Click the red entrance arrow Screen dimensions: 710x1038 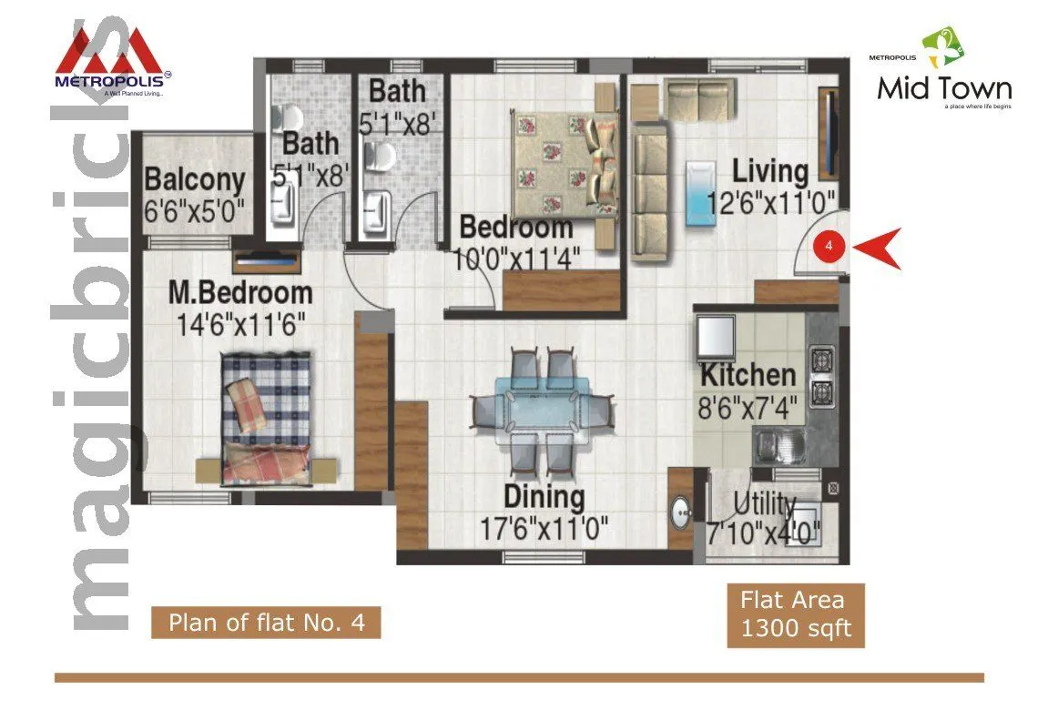(x=880, y=247)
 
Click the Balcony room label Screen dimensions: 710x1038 (x=195, y=179)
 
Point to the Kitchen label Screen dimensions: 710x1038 (x=748, y=375)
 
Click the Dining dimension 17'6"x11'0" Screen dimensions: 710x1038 (x=544, y=527)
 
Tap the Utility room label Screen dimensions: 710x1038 (x=765, y=504)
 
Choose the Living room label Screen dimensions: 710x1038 (x=770, y=171)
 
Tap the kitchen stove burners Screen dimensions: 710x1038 (x=823, y=374)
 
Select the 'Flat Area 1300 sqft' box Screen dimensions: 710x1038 (x=795, y=614)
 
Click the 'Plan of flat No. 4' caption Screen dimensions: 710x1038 (x=265, y=624)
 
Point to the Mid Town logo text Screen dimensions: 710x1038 (x=944, y=89)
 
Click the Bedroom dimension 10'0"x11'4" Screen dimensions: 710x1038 (x=518, y=259)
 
